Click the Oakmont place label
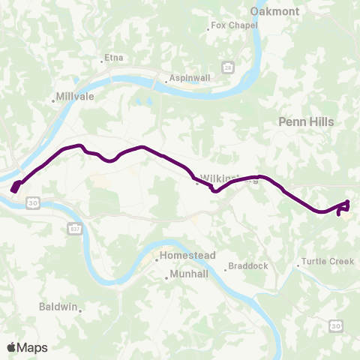pos(274,11)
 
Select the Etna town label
pos(112,57)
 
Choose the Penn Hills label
pos(305,121)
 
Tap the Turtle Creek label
pos(327,262)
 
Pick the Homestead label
pos(187,256)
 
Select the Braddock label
pos(248,265)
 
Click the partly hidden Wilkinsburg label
pos(217,178)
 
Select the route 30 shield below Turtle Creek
pos(335,325)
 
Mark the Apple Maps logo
pos(27,347)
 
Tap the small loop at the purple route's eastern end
pos(343,208)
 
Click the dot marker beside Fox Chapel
pos(208,29)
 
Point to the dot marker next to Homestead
pos(157,260)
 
